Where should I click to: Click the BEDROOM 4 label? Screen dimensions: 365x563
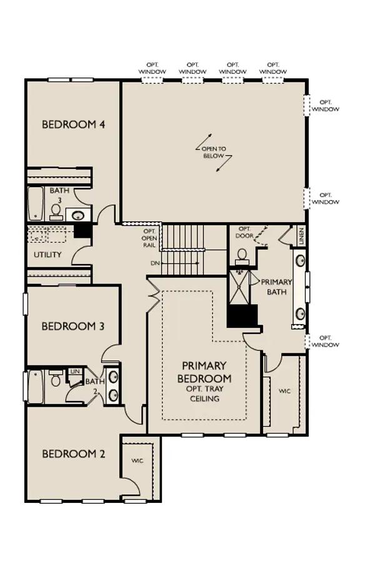tap(74, 124)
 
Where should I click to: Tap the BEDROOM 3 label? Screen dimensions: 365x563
tap(73, 327)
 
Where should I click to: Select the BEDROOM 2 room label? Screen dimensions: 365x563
tap(74, 454)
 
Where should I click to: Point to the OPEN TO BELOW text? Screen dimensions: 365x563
tap(214, 152)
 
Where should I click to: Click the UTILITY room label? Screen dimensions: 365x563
tap(47, 255)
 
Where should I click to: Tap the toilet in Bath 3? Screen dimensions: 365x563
tap(56, 212)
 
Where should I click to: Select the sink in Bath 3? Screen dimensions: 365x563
tap(78, 215)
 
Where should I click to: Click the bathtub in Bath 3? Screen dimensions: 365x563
tap(36, 203)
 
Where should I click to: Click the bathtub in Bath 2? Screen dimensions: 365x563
tap(36, 387)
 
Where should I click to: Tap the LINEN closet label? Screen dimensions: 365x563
tap(301, 236)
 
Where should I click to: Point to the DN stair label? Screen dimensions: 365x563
tap(155, 263)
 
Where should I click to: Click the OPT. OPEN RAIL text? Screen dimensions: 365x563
tap(149, 238)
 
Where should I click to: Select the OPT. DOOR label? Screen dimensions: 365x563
tap(244, 232)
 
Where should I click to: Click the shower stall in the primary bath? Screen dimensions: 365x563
tap(238, 288)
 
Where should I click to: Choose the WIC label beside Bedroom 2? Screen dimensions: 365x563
tap(137, 460)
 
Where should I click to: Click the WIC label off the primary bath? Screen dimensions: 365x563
tap(284, 391)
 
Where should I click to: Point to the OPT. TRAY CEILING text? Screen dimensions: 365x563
tap(204, 393)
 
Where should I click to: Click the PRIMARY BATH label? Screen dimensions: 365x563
tap(276, 287)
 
